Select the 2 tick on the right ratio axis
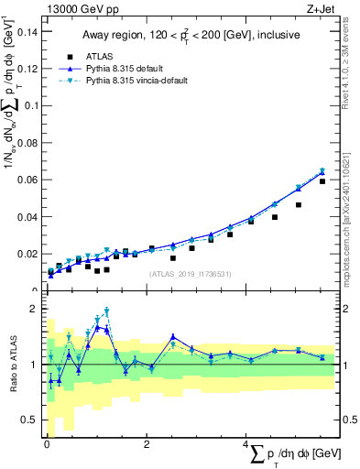pos(348,309)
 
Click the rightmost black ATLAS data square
pos(322,181)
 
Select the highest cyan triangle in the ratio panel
pos(106,311)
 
